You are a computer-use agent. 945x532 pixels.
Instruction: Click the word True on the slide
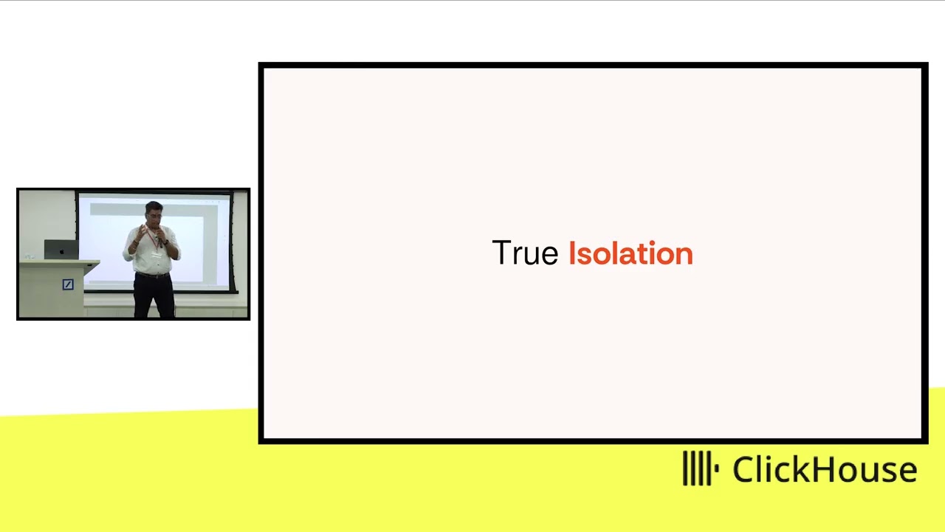click(x=525, y=253)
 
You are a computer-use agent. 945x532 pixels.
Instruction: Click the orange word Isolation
click(x=630, y=253)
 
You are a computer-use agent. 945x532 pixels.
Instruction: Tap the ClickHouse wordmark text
click(x=825, y=468)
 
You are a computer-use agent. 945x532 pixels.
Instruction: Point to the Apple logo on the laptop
click(x=62, y=252)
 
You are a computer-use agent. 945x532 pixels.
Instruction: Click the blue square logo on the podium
click(x=68, y=284)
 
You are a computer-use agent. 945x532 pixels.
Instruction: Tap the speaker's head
click(x=154, y=213)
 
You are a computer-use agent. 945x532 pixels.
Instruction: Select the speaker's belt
click(x=152, y=276)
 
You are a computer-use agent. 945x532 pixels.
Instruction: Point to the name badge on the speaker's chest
click(x=157, y=256)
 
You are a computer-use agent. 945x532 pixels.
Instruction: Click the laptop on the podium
click(x=61, y=250)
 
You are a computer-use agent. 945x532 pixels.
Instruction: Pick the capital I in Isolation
click(x=572, y=253)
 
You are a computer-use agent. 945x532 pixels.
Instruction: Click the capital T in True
click(x=502, y=253)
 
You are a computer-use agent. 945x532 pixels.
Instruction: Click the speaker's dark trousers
click(x=154, y=296)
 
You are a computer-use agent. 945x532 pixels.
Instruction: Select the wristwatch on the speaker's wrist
click(x=167, y=242)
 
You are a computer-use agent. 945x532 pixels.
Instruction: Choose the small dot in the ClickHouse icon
click(x=717, y=468)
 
